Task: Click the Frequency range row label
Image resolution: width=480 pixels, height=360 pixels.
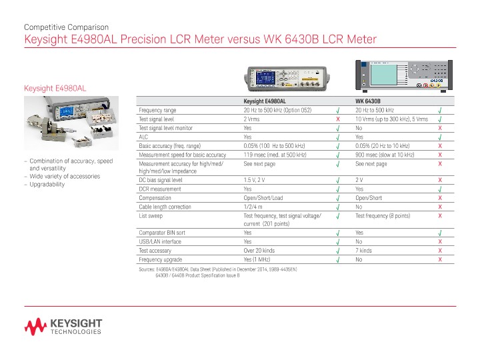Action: pyautogui.click(x=157, y=109)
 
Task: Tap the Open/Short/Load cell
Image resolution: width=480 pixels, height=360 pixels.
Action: pyautogui.click(x=263, y=198)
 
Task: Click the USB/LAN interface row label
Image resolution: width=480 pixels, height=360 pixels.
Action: pyautogui.click(x=159, y=241)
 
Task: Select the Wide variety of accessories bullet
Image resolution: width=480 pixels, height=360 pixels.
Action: pyautogui.click(x=64, y=176)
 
